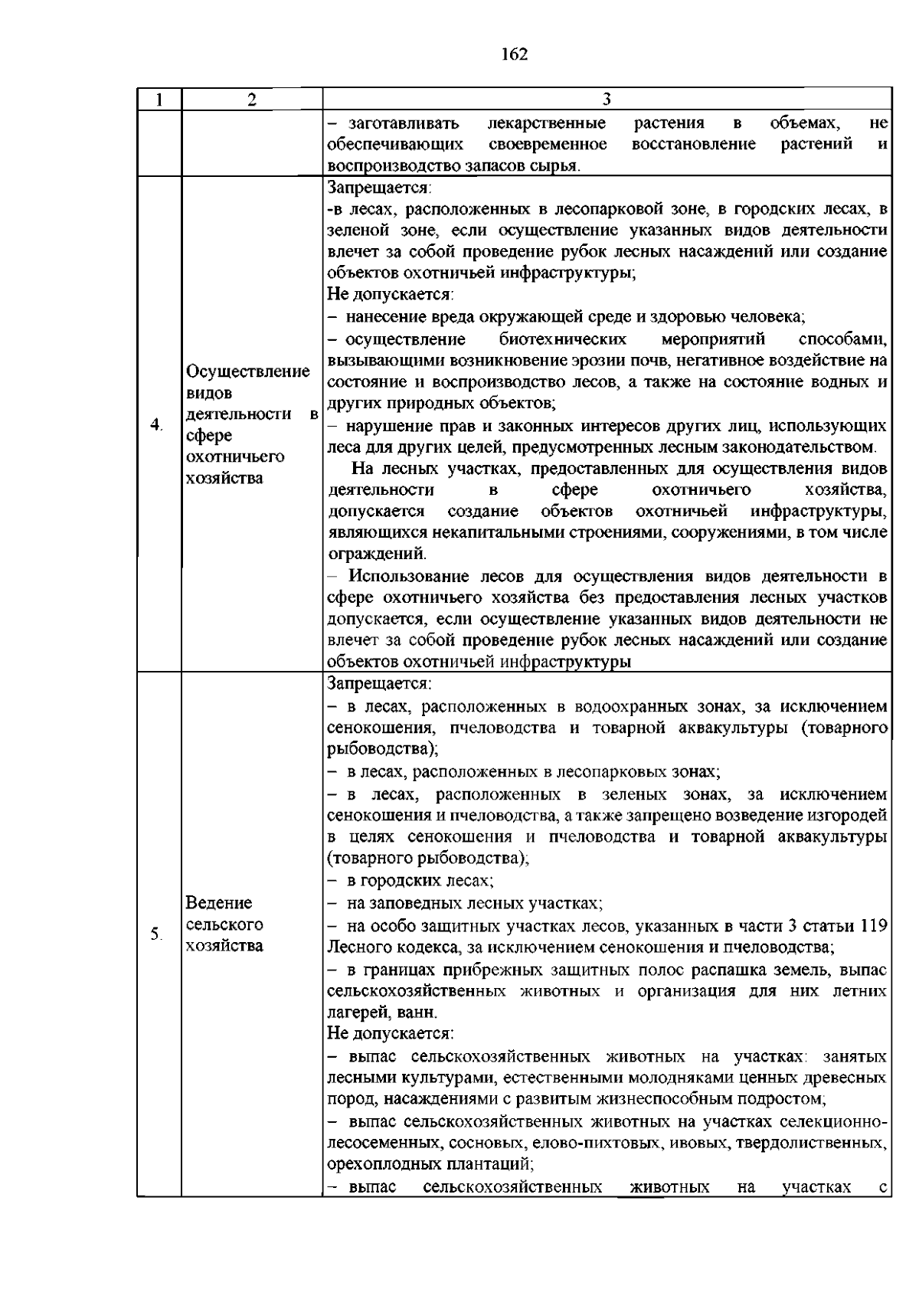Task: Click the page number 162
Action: tap(515, 54)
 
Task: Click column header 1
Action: tap(159, 100)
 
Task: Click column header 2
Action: tap(252, 100)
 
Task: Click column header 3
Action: tap(607, 100)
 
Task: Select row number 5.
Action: tap(156, 934)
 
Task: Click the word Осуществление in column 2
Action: tap(248, 371)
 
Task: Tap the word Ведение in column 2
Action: tap(219, 903)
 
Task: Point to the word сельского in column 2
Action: tap(224, 924)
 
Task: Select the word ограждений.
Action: tap(376, 554)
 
